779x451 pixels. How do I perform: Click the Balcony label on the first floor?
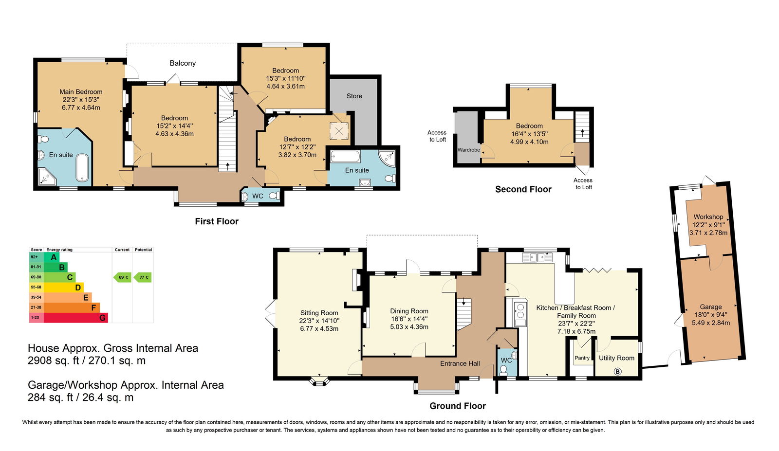click(x=183, y=63)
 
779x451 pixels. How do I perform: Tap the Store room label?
click(x=354, y=96)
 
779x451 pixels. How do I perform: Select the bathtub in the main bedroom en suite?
click(x=82, y=167)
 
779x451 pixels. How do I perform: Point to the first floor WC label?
click(x=258, y=196)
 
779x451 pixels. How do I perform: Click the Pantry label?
click(x=582, y=358)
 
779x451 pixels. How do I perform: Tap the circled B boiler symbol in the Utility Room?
click(x=618, y=371)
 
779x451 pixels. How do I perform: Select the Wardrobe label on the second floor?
click(x=469, y=150)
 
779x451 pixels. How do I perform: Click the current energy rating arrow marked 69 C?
click(x=122, y=277)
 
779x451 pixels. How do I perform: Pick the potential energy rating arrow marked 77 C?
click(x=143, y=277)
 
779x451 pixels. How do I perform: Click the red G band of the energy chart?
click(x=76, y=318)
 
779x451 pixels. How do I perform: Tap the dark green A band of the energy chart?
click(x=52, y=257)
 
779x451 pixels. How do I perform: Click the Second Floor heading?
click(x=523, y=189)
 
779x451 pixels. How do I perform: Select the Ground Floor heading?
click(x=458, y=406)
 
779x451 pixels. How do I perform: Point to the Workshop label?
click(x=708, y=217)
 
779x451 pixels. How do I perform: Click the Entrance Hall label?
click(x=460, y=363)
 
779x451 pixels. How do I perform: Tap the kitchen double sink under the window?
click(x=538, y=257)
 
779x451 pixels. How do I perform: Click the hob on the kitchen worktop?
click(x=520, y=311)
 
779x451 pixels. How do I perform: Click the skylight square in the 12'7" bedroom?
click(x=339, y=131)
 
